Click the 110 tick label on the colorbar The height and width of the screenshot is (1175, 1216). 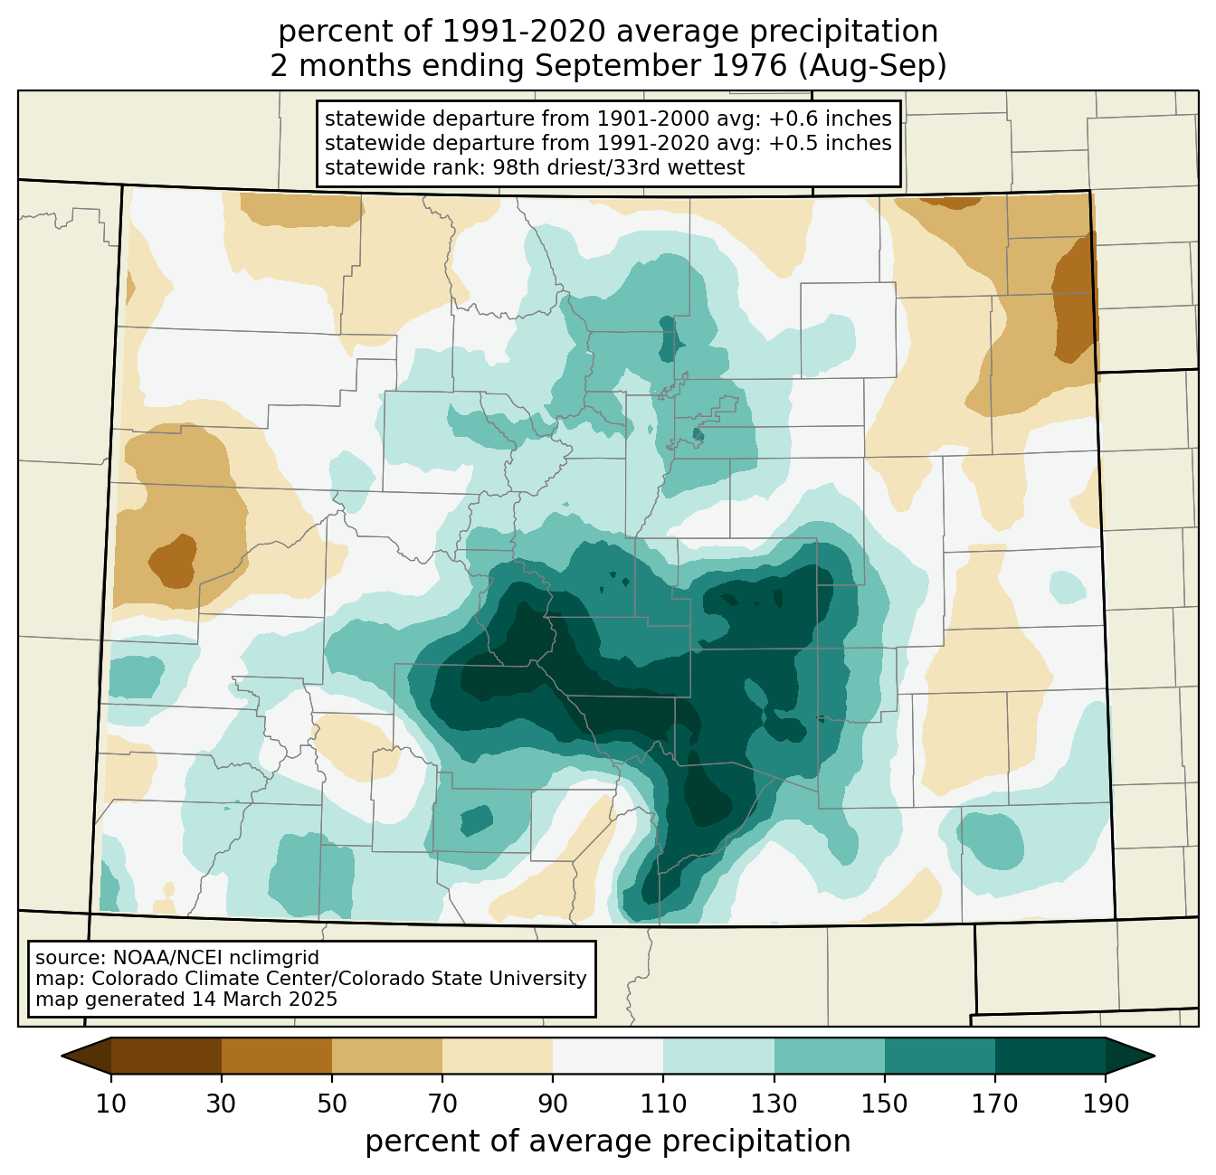663,1104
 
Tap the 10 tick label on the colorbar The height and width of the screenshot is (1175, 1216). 111,1104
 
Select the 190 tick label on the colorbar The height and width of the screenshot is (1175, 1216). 1106,1104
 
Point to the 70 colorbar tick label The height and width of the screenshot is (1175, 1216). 442,1104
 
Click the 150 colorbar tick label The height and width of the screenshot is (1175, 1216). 885,1104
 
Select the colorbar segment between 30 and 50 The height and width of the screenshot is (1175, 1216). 277,1056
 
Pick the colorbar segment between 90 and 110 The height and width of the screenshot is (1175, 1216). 608,1056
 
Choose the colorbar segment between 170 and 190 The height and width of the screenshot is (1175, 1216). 1050,1056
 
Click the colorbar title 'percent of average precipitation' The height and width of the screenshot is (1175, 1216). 608,1142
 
